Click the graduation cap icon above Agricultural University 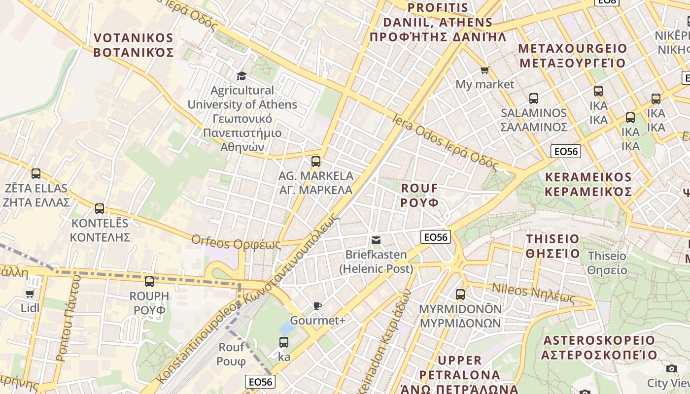pyautogui.click(x=241, y=76)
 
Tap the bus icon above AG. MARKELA pyautogui.click(x=316, y=161)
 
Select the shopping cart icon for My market pyautogui.click(x=484, y=70)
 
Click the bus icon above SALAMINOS pyautogui.click(x=534, y=98)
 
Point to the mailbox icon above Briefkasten pyautogui.click(x=376, y=240)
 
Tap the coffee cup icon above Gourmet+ pyautogui.click(x=317, y=306)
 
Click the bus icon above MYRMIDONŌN pyautogui.click(x=460, y=295)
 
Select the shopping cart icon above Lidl pyautogui.click(x=30, y=294)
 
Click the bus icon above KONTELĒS pyautogui.click(x=100, y=209)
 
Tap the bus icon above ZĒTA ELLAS pyautogui.click(x=36, y=174)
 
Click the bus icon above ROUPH pyautogui.click(x=149, y=282)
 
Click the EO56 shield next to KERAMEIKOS pyautogui.click(x=565, y=151)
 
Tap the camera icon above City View pyautogui.click(x=671, y=368)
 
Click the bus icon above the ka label pyautogui.click(x=284, y=342)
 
